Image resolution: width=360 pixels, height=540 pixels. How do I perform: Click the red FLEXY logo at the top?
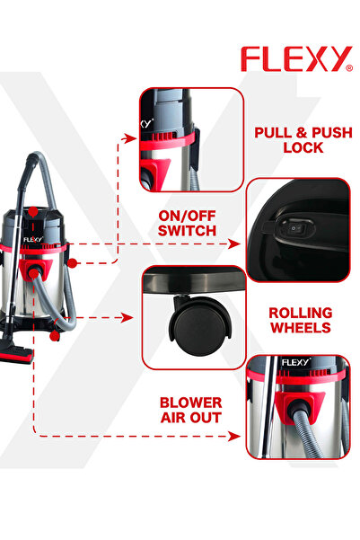(x=295, y=59)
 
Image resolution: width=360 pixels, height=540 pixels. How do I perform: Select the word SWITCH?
(x=187, y=231)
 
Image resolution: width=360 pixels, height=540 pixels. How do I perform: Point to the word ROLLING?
(x=300, y=313)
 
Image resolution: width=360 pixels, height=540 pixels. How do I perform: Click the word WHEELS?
(x=300, y=329)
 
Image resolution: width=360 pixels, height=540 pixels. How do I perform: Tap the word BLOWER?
(x=190, y=403)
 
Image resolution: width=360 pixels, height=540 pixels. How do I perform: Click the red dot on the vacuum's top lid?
(x=32, y=211)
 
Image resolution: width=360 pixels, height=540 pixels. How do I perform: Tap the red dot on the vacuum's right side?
(x=71, y=262)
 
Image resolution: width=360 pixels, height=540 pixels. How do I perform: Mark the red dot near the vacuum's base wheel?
(x=55, y=335)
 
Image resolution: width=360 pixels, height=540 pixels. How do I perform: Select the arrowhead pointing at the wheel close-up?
(x=131, y=316)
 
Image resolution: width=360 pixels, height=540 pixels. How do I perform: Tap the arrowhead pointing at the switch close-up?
(x=237, y=243)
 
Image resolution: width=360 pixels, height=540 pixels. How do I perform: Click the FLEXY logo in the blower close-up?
(x=295, y=363)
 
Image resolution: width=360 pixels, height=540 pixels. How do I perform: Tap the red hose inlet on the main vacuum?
(x=35, y=270)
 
